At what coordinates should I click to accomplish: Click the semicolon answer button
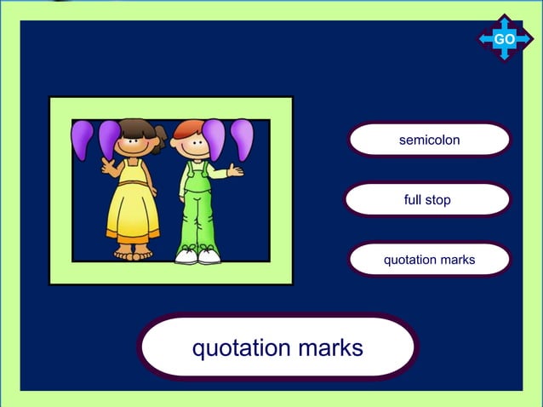click(429, 140)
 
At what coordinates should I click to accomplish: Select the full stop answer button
click(427, 200)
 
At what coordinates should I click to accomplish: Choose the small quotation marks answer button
click(429, 260)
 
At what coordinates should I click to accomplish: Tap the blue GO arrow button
click(504, 39)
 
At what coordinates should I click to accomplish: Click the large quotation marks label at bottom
click(277, 347)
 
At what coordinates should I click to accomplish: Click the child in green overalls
click(197, 204)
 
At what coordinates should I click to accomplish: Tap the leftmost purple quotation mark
click(83, 139)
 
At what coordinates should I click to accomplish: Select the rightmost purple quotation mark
click(243, 139)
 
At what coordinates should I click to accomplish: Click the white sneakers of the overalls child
click(197, 254)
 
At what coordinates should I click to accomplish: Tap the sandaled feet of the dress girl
click(134, 253)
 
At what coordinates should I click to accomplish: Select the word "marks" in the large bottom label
click(329, 347)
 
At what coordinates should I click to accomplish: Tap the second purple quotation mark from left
click(110, 139)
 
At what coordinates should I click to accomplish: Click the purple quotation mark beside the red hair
click(214, 138)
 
